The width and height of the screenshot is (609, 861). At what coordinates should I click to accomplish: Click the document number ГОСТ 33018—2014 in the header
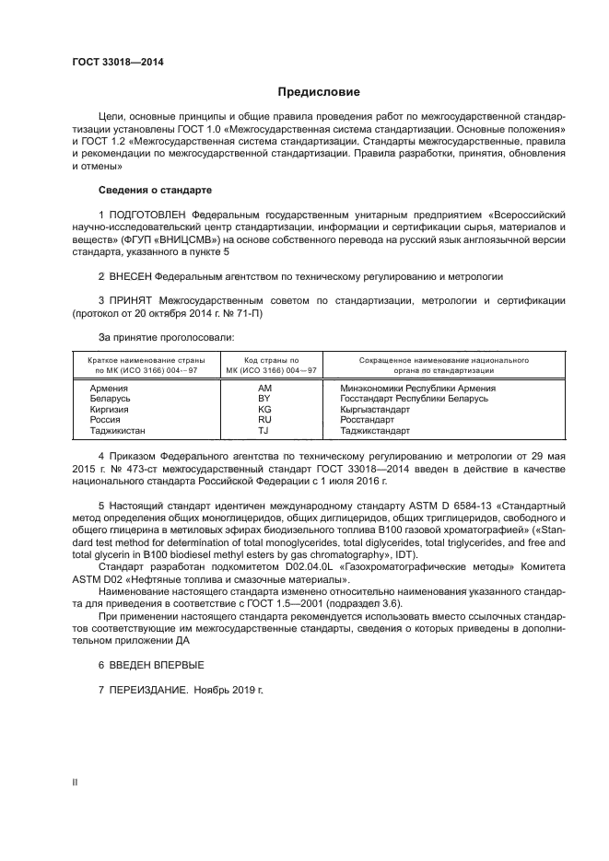(117, 62)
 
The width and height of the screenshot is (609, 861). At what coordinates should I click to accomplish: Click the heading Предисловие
(319, 92)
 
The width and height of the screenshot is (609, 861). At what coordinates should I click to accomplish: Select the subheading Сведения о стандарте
(155, 190)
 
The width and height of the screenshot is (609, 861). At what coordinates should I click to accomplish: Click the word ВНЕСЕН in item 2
(129, 276)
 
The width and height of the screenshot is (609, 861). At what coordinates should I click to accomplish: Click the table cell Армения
(109, 389)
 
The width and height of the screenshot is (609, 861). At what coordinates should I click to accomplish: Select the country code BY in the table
(264, 399)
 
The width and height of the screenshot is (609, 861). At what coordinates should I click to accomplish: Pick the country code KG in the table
(264, 409)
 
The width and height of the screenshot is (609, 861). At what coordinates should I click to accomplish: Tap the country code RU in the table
(264, 419)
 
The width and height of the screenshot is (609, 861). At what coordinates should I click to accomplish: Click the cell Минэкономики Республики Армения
(417, 389)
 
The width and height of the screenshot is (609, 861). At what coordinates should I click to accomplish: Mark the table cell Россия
(105, 419)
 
